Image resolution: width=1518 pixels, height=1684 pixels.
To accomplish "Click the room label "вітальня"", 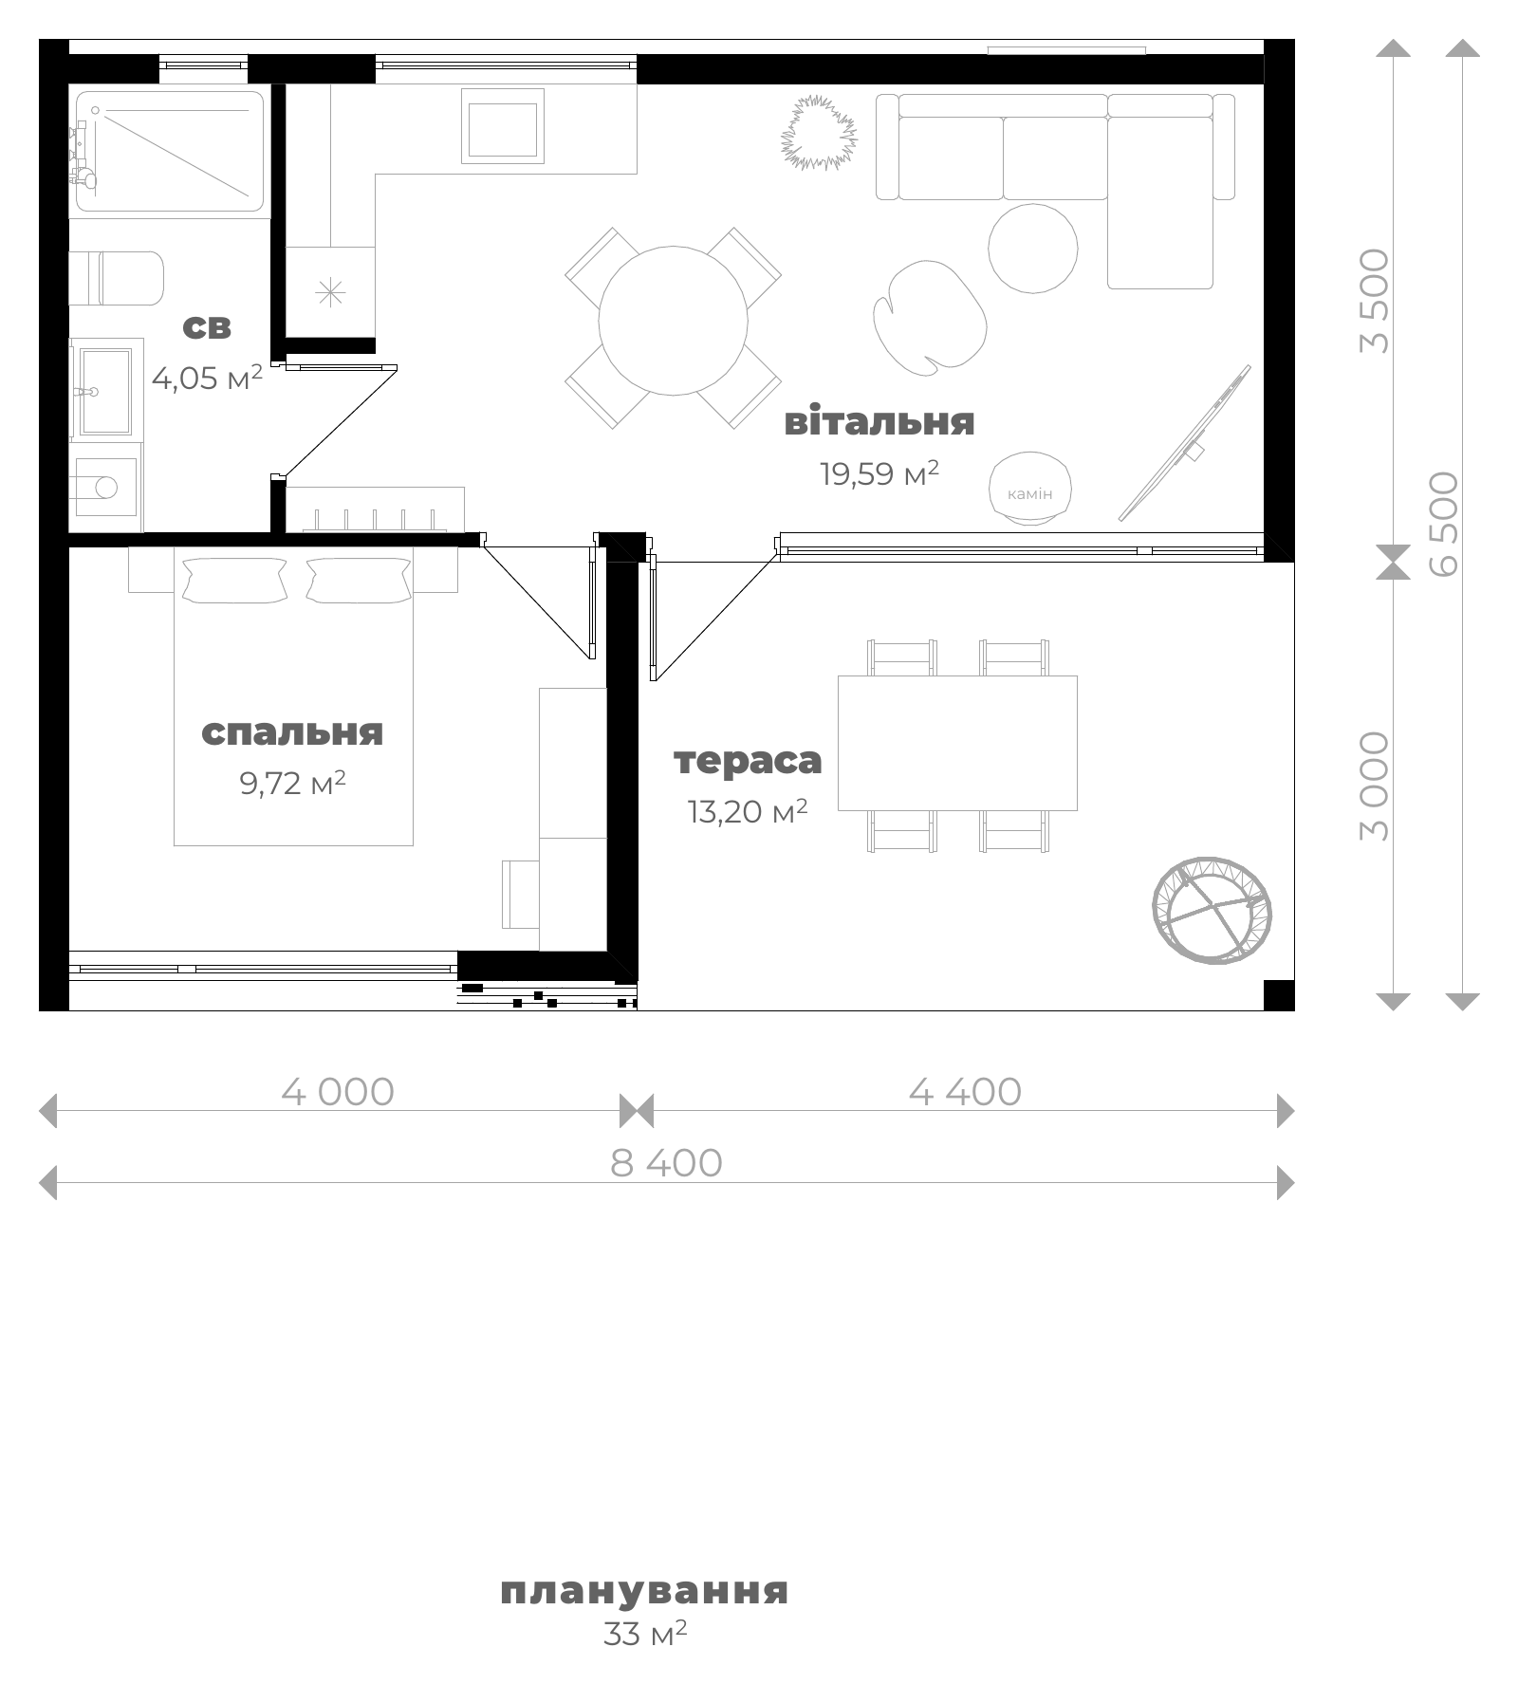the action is click(879, 421).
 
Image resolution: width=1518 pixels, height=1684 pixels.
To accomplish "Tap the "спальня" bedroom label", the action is click(292, 732).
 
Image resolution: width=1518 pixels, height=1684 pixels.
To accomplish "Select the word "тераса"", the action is click(748, 761).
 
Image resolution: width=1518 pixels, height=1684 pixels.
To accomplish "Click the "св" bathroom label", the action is click(206, 327).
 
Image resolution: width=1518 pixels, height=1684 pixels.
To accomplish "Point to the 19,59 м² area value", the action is click(879, 472).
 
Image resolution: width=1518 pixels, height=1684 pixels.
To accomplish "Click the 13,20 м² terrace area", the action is click(748, 811).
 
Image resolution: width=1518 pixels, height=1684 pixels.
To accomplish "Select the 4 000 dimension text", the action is click(338, 1092).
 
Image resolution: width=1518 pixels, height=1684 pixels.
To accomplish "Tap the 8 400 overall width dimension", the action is click(666, 1163).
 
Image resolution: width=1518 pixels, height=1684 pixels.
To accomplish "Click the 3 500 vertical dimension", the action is click(1374, 301).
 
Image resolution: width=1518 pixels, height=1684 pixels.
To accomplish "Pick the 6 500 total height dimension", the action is click(1443, 524).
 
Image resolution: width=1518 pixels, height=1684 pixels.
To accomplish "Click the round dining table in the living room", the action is click(673, 321).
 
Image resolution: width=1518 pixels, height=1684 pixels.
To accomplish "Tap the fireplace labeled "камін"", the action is click(1029, 488).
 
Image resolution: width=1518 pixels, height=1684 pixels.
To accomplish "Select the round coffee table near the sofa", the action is click(1033, 249).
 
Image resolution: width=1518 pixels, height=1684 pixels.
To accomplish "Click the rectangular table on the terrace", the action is click(957, 743).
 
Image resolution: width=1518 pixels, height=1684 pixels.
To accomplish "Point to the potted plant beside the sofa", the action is click(819, 132).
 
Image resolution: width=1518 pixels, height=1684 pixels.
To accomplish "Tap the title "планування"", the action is click(644, 1591).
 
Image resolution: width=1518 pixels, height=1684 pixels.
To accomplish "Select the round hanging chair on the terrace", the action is click(1212, 910).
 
